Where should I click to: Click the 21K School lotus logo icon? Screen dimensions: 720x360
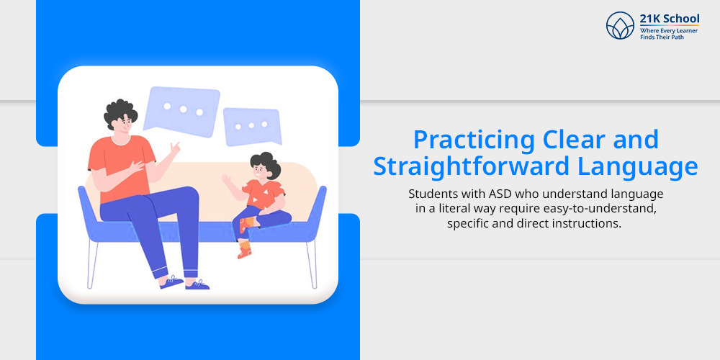[x=620, y=25]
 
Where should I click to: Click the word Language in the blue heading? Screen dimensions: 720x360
[x=638, y=168]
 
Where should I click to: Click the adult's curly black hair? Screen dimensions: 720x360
[x=120, y=112]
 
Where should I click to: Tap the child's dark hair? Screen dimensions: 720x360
[x=265, y=163]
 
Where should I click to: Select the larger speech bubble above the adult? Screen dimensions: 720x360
[x=181, y=112]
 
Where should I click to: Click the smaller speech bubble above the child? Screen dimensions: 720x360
[x=252, y=126]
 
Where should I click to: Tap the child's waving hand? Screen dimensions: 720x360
[x=225, y=179]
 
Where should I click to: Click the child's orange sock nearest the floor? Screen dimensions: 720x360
[x=245, y=250]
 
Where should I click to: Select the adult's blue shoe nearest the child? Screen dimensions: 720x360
[x=197, y=284]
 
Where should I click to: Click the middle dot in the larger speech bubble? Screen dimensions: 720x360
[x=183, y=109]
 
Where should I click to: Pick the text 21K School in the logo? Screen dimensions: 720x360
[x=669, y=19]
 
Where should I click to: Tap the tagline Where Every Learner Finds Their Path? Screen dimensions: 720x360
[x=669, y=34]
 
